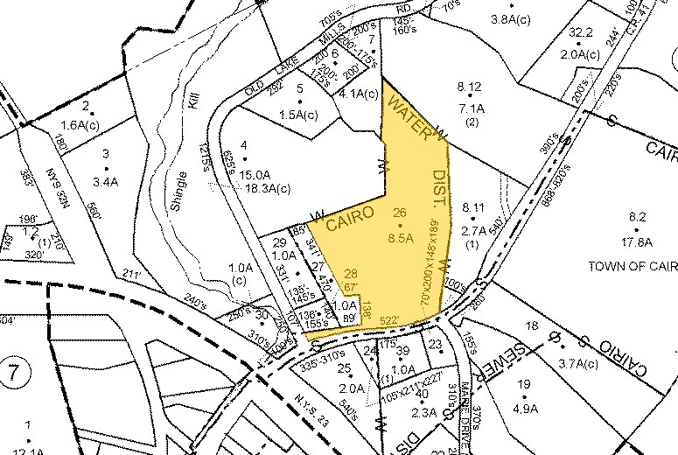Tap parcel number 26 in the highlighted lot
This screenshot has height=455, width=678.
pos(401,213)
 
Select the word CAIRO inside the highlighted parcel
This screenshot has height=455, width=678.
pos(350,216)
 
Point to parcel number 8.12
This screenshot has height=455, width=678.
pos(470,87)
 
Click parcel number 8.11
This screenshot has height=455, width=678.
pos(472,207)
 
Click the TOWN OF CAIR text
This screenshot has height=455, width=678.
pos(632,265)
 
